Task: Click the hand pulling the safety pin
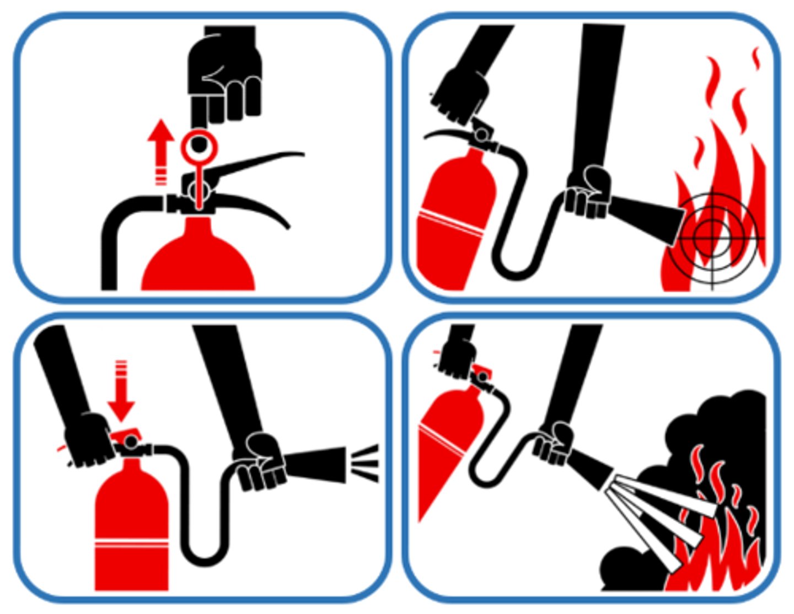pos(225,77)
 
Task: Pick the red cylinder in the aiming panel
pos(453,220)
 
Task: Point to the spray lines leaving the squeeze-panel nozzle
pos(365,463)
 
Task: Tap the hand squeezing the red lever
pos(88,438)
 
